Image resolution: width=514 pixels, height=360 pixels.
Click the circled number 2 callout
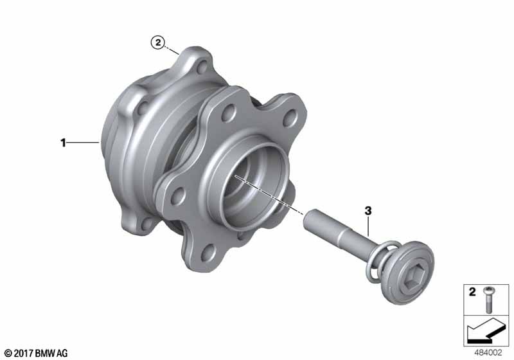[x=158, y=42]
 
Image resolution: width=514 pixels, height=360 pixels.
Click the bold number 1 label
[x=63, y=143]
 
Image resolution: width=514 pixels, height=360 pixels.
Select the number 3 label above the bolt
[x=368, y=211]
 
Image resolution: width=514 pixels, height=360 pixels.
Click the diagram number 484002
[x=488, y=352]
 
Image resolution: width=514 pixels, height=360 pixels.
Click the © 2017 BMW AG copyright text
[x=37, y=353]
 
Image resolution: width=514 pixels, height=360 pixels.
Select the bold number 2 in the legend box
[x=472, y=292]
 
